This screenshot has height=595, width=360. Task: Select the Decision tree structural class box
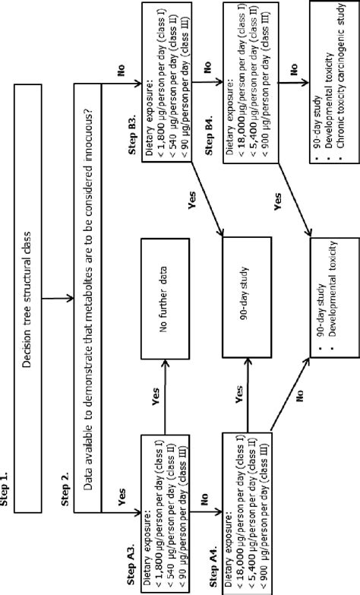point(28,297)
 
